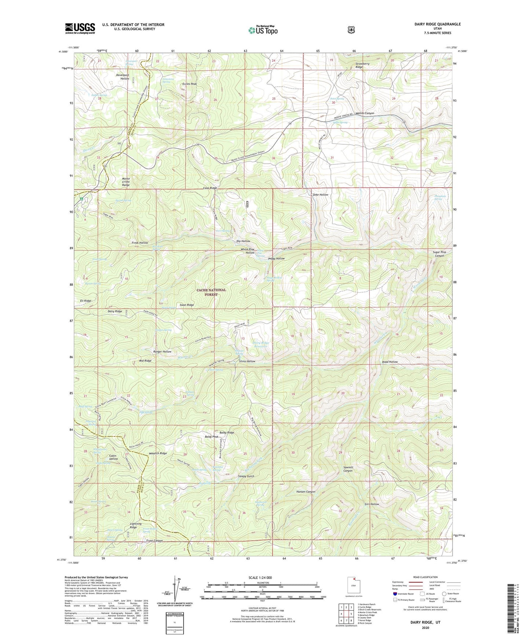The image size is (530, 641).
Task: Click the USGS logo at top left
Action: [80, 28]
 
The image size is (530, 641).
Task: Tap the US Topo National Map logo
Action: [262, 30]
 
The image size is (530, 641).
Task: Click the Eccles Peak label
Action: [190, 84]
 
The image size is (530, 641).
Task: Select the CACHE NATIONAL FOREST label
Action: [211, 292]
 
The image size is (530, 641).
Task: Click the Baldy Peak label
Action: [211, 437]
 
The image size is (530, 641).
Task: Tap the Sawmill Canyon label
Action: [348, 468]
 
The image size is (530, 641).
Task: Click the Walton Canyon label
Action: [364, 113]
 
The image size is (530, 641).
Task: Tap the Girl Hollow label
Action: [372, 504]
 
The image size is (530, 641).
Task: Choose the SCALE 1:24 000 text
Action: [260, 578]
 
